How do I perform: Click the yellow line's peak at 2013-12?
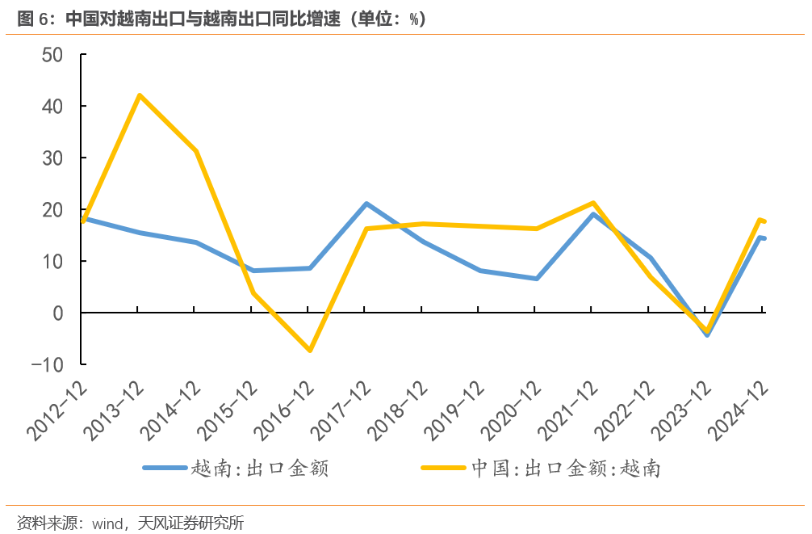coord(140,95)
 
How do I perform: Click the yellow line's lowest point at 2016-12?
coord(310,350)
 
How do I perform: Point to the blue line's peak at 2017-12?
coord(366,204)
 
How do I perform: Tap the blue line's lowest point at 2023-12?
coord(707,334)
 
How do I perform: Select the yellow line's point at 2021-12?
coord(593,203)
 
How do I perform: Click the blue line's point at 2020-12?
coord(537,279)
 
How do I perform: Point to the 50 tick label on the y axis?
coord(52,55)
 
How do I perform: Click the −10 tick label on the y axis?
coord(48,364)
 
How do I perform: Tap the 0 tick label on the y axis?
coord(59,313)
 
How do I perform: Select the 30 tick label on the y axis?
coord(52,158)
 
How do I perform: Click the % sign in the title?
coord(412,19)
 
